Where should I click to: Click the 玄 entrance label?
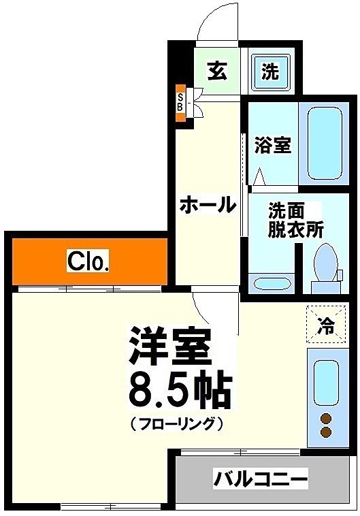pos(217,71)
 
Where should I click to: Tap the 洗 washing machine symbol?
pos(270,71)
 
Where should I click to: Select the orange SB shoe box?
pos(180,103)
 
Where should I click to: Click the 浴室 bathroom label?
pos(273,145)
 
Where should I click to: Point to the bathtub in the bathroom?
pos(325,144)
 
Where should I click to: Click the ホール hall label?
pos(208,204)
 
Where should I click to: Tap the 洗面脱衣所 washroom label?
pos(295,220)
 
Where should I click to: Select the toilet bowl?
pos(326,268)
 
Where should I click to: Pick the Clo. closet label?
pos(88,261)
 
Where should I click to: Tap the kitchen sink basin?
pos(326,383)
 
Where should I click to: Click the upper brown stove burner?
pos(327,418)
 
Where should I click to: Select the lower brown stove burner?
pos(327,432)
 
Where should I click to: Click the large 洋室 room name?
pos(169,346)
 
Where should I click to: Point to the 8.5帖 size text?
pos(180,389)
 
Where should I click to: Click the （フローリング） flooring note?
pos(177,423)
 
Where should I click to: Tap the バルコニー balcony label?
pos(261,478)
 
